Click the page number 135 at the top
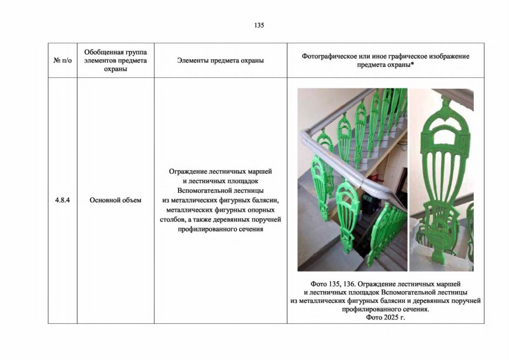259,25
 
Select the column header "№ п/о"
62,60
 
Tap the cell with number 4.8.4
62,200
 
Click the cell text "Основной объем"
116,200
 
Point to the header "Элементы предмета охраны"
220,60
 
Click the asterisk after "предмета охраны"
412,64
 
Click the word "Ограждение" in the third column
188,172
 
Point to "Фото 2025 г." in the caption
385,317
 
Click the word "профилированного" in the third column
206,229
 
